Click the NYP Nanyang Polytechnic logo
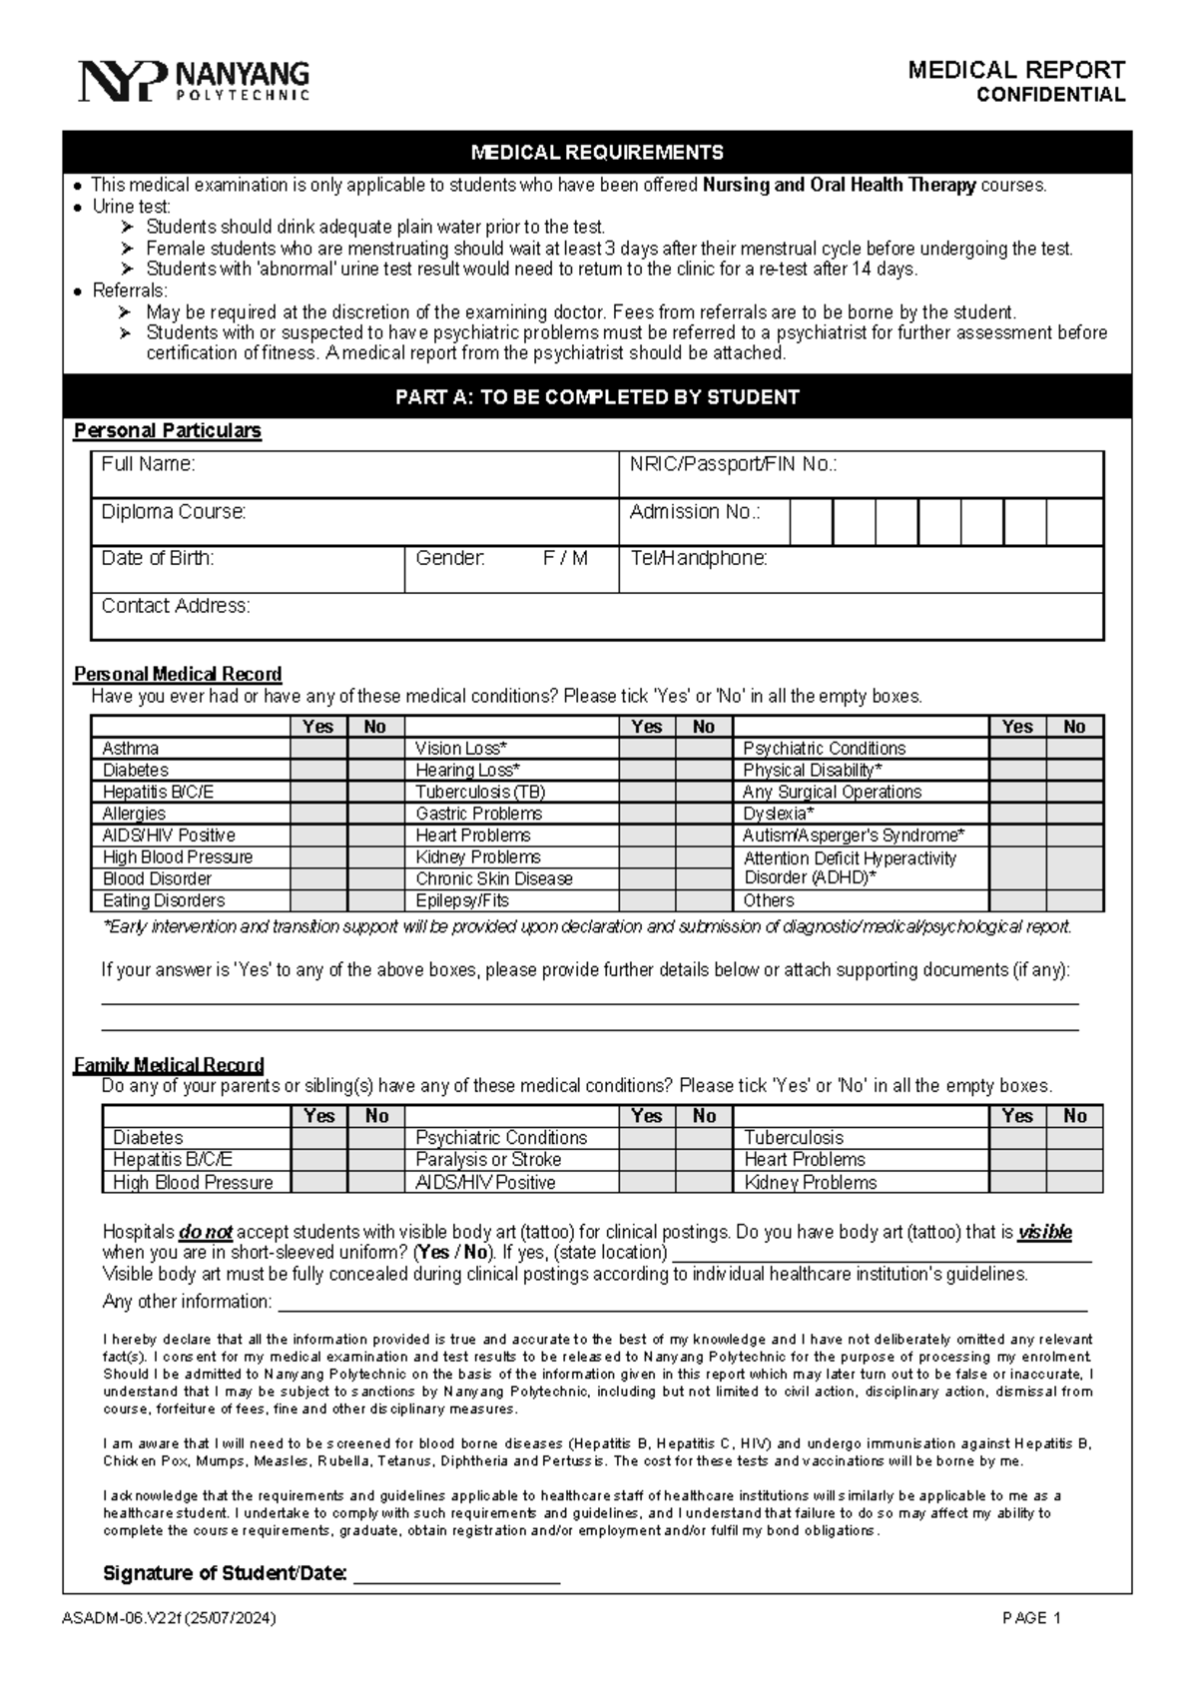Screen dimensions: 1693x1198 tap(194, 80)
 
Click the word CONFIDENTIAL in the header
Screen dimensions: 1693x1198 tap(1050, 96)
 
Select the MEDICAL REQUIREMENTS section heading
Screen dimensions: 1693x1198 tap(597, 153)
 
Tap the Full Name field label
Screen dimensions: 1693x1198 tap(148, 464)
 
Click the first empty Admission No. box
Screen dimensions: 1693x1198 tap(811, 521)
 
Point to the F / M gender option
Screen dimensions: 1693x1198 tap(565, 559)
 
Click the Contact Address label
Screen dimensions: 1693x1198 tap(176, 606)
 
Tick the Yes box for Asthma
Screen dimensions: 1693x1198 tap(318, 749)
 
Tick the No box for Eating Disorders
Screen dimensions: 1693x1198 tap(375, 900)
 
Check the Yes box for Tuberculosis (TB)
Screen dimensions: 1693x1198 tap(647, 792)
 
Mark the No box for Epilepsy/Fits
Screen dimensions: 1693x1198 tap(704, 900)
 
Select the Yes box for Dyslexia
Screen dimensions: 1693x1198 tap(1017, 814)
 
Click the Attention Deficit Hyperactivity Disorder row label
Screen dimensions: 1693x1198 tap(850, 867)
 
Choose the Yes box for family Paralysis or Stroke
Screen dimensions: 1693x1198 tap(647, 1160)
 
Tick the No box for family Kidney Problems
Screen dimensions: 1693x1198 tap(1074, 1182)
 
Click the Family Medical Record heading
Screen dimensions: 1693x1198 tap(169, 1065)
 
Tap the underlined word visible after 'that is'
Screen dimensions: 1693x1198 tap(1044, 1233)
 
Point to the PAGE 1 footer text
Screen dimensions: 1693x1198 tap(1031, 1619)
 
